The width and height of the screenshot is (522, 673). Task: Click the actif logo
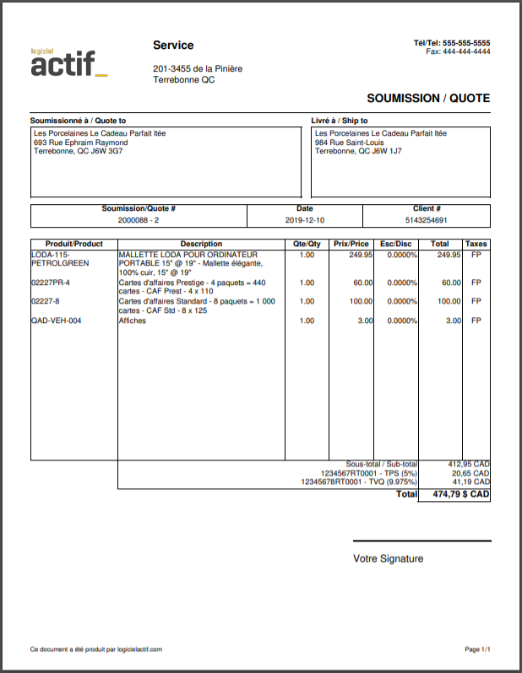[x=68, y=62]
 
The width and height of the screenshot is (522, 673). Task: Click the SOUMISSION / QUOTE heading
[x=428, y=98]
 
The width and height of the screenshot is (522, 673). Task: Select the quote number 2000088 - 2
[x=139, y=220]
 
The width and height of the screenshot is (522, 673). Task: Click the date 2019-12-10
[x=304, y=220]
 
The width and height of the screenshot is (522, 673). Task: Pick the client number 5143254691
[x=427, y=220]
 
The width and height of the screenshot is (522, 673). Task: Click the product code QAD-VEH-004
[x=57, y=320]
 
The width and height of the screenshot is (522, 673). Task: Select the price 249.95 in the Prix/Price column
[x=361, y=254]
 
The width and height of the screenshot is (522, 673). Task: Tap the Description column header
[x=201, y=244]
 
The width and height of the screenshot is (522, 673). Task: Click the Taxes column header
[x=476, y=244]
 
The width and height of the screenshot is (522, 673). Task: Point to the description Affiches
[x=133, y=320]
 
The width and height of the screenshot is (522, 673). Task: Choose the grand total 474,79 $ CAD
[x=460, y=494]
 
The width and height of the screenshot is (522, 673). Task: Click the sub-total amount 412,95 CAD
[x=468, y=464]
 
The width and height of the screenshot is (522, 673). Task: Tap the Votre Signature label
[x=388, y=558]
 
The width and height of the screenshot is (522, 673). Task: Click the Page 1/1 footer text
[x=477, y=649]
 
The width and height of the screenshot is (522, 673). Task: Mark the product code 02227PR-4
[x=51, y=283]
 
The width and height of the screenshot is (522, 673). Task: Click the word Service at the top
[x=173, y=46]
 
